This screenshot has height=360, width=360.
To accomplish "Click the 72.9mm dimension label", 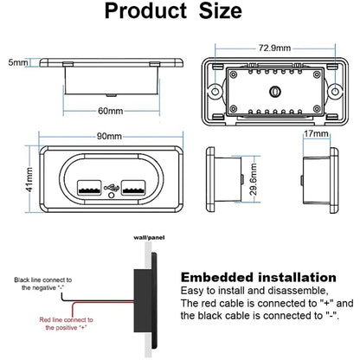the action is tap(274, 48).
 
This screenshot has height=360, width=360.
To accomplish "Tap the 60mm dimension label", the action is tap(110, 111).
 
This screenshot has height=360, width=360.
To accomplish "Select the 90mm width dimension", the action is tap(109, 136).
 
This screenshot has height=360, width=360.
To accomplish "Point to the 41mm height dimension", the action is tap(29, 179).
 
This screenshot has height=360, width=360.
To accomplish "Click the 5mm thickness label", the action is tap(18, 62).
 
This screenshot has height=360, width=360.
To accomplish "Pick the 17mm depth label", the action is tap(316, 133).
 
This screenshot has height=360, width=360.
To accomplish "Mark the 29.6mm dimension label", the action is tap(254, 179).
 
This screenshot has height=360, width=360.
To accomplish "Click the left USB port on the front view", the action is tap(89, 188).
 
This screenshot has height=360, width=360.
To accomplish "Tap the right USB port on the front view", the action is tap(133, 188).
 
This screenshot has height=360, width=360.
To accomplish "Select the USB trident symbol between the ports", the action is tap(112, 188).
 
